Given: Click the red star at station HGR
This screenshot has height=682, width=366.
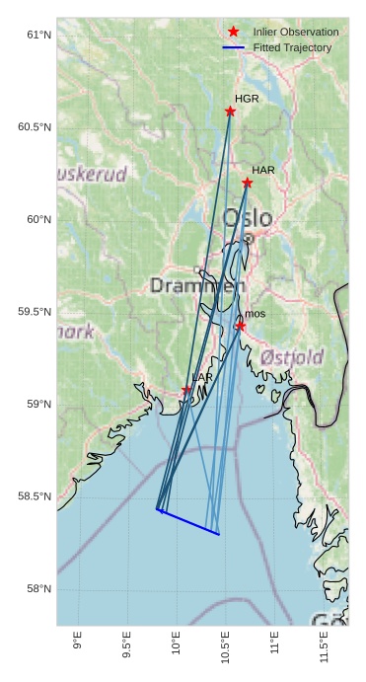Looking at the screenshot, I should (x=230, y=112).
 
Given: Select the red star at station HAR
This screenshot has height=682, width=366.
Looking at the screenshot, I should (x=247, y=183).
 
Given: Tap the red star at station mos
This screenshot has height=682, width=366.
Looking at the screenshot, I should (x=240, y=326).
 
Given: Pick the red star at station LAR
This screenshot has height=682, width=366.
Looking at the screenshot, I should (x=186, y=390).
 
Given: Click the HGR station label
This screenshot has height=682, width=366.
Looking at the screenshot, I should (x=247, y=99).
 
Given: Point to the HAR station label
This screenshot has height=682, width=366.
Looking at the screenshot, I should (x=262, y=171).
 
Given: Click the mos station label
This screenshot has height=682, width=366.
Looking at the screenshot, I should (x=255, y=314).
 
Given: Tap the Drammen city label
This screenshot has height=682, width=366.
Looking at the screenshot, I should (x=197, y=286).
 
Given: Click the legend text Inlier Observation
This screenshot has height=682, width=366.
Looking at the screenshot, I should (x=295, y=33).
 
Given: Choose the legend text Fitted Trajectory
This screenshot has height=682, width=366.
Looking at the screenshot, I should (x=292, y=47).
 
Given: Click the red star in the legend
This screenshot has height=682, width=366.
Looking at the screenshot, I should (x=234, y=32).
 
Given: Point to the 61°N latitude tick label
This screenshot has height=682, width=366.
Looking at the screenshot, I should (x=38, y=35).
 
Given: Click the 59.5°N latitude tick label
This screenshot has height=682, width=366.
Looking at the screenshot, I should (x=35, y=312).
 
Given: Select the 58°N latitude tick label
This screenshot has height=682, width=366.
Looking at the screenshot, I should (x=38, y=589).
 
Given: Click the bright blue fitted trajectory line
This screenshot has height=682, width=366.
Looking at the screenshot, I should (x=188, y=522).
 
